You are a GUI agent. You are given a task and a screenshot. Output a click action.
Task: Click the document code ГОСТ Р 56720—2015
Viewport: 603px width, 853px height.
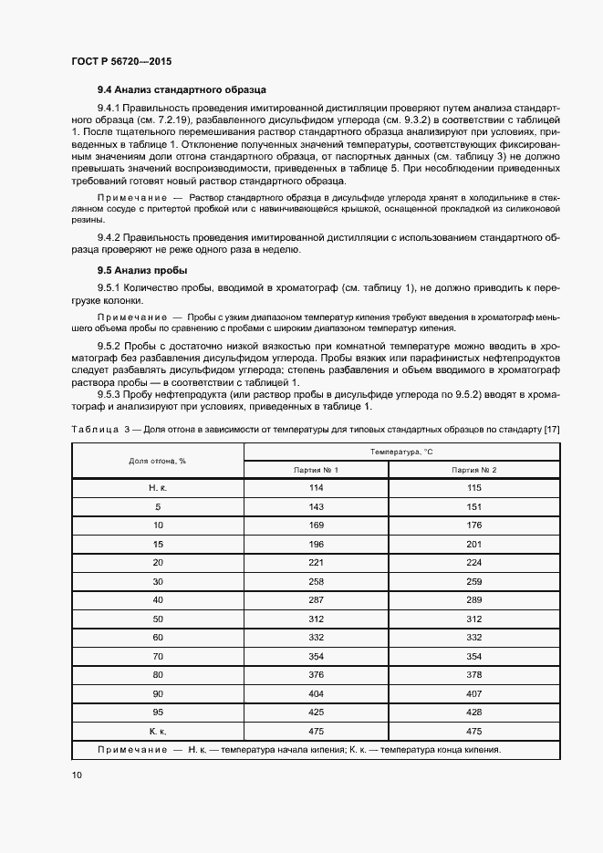[x=121, y=61]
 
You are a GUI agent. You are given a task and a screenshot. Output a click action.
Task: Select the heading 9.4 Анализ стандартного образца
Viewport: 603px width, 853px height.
[x=182, y=91]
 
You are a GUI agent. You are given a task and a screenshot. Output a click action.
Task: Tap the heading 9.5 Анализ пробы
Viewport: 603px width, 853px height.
[x=142, y=271]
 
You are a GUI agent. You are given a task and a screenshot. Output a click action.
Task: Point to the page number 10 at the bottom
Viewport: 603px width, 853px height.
[x=77, y=775]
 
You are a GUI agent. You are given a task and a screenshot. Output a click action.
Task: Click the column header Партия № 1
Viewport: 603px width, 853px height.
[x=316, y=469]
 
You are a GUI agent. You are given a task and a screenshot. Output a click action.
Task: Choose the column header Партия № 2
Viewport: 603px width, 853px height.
[x=474, y=469]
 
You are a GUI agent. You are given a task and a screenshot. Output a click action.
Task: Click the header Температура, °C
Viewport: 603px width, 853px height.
[x=400, y=452]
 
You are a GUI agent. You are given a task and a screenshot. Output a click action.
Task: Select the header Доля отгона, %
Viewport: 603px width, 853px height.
[x=157, y=461]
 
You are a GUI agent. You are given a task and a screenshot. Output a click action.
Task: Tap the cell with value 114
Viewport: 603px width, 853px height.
[x=316, y=488]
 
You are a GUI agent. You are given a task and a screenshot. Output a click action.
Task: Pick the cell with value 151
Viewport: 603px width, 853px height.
[x=474, y=506]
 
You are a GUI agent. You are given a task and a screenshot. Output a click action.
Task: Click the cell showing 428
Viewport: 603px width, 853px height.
[x=474, y=712]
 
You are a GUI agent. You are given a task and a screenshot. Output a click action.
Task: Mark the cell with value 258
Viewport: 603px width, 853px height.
[x=316, y=581]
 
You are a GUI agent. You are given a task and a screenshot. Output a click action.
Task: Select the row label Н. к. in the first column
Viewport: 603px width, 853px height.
[x=157, y=488]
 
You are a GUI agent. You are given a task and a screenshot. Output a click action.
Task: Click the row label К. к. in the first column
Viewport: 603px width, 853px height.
[x=157, y=731]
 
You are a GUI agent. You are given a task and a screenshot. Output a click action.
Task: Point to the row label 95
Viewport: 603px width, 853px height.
[x=157, y=712]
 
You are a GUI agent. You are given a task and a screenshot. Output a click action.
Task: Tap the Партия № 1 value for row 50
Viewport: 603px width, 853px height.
[x=316, y=619]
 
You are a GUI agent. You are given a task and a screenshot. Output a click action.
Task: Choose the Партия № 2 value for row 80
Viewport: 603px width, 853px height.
[x=474, y=674]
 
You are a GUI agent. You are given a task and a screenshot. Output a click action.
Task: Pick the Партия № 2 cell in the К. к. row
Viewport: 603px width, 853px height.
[x=474, y=731]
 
